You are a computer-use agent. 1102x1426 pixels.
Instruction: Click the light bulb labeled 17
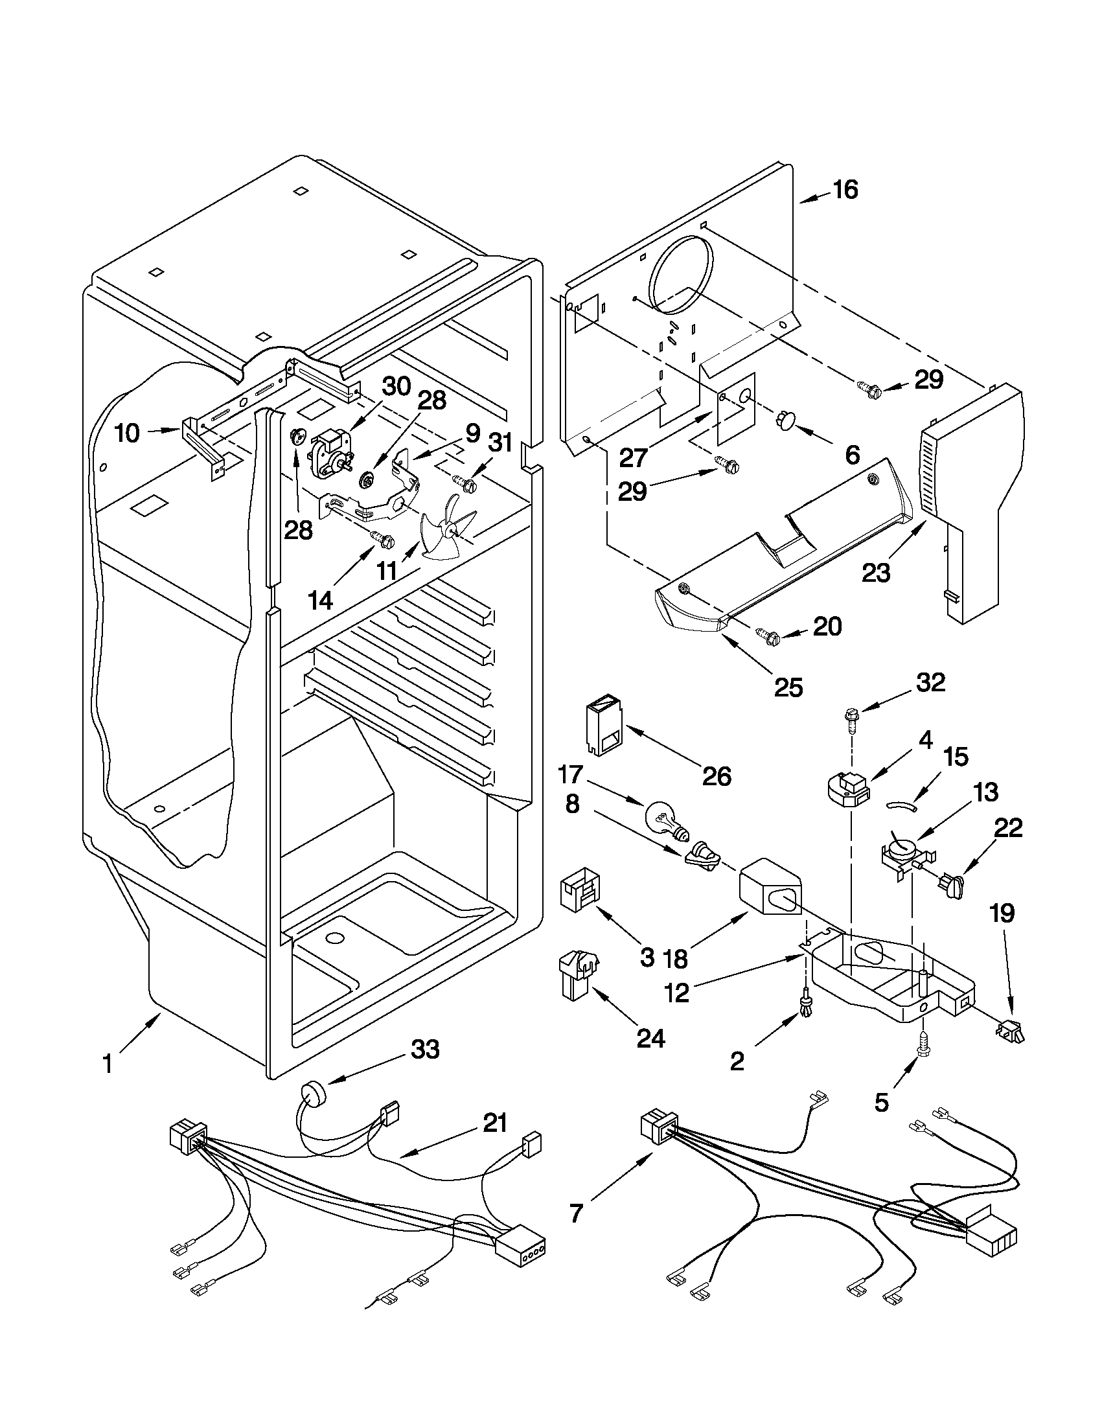[x=665, y=821]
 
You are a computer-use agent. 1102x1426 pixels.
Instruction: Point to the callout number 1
[x=107, y=1065]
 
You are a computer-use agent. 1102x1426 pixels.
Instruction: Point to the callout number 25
[x=788, y=687]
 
